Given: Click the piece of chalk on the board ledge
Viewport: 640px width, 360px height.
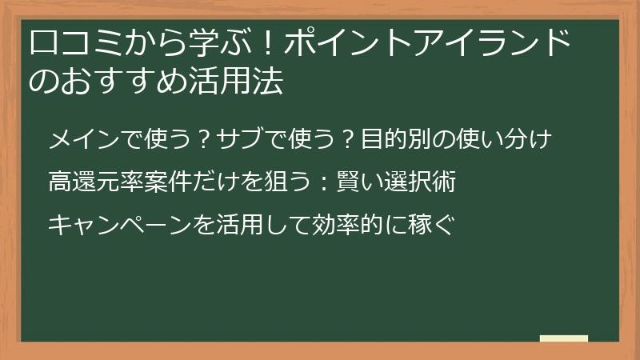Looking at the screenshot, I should pyautogui.click(x=564, y=338).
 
